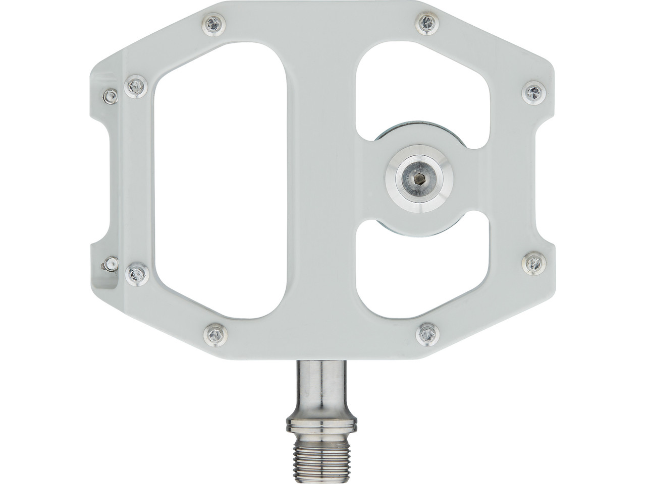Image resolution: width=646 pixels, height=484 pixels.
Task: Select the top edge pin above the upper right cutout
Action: click(x=427, y=22)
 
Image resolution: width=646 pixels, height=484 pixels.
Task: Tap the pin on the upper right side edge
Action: click(x=532, y=91)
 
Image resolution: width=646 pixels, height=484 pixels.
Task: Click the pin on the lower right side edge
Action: click(x=532, y=262)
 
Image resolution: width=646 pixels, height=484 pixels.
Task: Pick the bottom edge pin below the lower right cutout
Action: click(x=427, y=333)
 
